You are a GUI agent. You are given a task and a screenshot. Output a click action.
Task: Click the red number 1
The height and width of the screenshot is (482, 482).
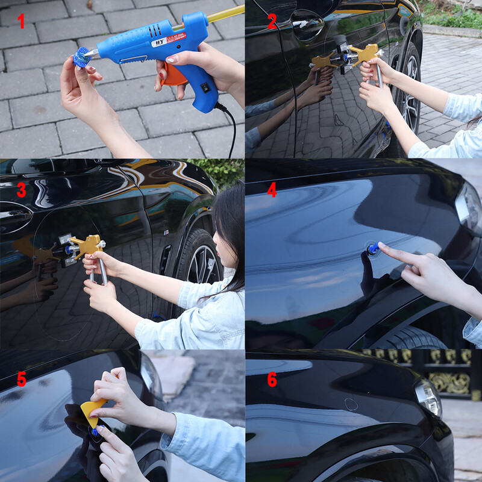click(x=21, y=22)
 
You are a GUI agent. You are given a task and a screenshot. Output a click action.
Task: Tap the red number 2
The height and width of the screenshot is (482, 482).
click(x=272, y=22)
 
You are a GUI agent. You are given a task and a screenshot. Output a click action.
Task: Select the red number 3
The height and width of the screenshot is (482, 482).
click(x=21, y=190)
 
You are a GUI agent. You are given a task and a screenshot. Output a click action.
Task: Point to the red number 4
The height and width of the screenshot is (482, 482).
click(x=272, y=190)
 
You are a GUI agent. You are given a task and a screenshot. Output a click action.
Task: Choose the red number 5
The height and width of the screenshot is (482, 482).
click(x=21, y=379)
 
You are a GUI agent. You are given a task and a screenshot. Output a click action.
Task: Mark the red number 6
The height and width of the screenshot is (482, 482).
click(x=272, y=379)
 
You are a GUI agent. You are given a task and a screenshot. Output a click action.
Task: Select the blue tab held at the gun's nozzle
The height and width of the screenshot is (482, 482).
click(x=80, y=58)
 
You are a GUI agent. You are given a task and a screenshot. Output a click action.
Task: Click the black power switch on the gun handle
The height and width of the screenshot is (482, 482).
click(x=205, y=87)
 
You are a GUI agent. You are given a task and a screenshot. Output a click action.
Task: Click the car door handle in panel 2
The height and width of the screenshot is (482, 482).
click(x=307, y=25)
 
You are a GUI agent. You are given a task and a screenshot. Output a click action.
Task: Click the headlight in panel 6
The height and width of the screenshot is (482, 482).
click(x=428, y=397)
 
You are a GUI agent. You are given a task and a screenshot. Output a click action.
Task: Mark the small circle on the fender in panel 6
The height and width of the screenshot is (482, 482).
click(x=351, y=404)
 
